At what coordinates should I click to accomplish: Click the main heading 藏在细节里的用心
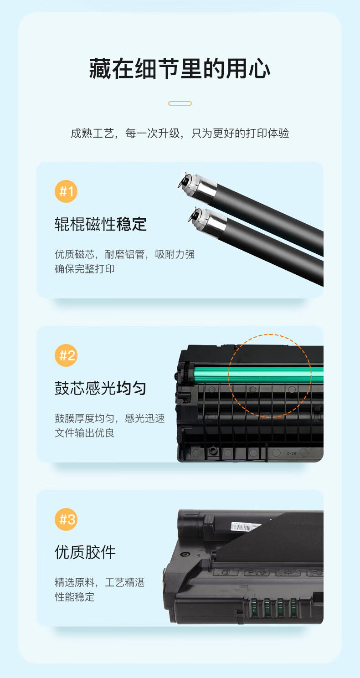[180, 69]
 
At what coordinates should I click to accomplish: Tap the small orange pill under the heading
[180, 103]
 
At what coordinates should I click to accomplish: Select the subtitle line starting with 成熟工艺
[180, 133]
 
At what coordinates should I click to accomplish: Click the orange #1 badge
[66, 191]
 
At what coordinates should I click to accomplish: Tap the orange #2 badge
[66, 355]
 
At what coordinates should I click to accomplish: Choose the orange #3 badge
[66, 519]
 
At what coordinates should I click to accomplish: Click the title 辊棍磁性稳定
[101, 224]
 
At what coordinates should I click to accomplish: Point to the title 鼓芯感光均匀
[101, 388]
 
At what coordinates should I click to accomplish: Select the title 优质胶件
[85, 552]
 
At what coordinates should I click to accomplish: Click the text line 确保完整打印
[84, 269]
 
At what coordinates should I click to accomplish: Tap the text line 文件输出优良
[84, 433]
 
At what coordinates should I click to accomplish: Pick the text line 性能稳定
[74, 597]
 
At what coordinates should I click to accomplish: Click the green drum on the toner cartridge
[257, 375]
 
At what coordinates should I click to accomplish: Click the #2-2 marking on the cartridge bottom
[291, 453]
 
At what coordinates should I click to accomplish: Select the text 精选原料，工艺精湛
[100, 582]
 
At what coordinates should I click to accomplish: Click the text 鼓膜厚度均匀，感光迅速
[110, 418]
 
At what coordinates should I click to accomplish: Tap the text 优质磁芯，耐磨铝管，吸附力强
[125, 254]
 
